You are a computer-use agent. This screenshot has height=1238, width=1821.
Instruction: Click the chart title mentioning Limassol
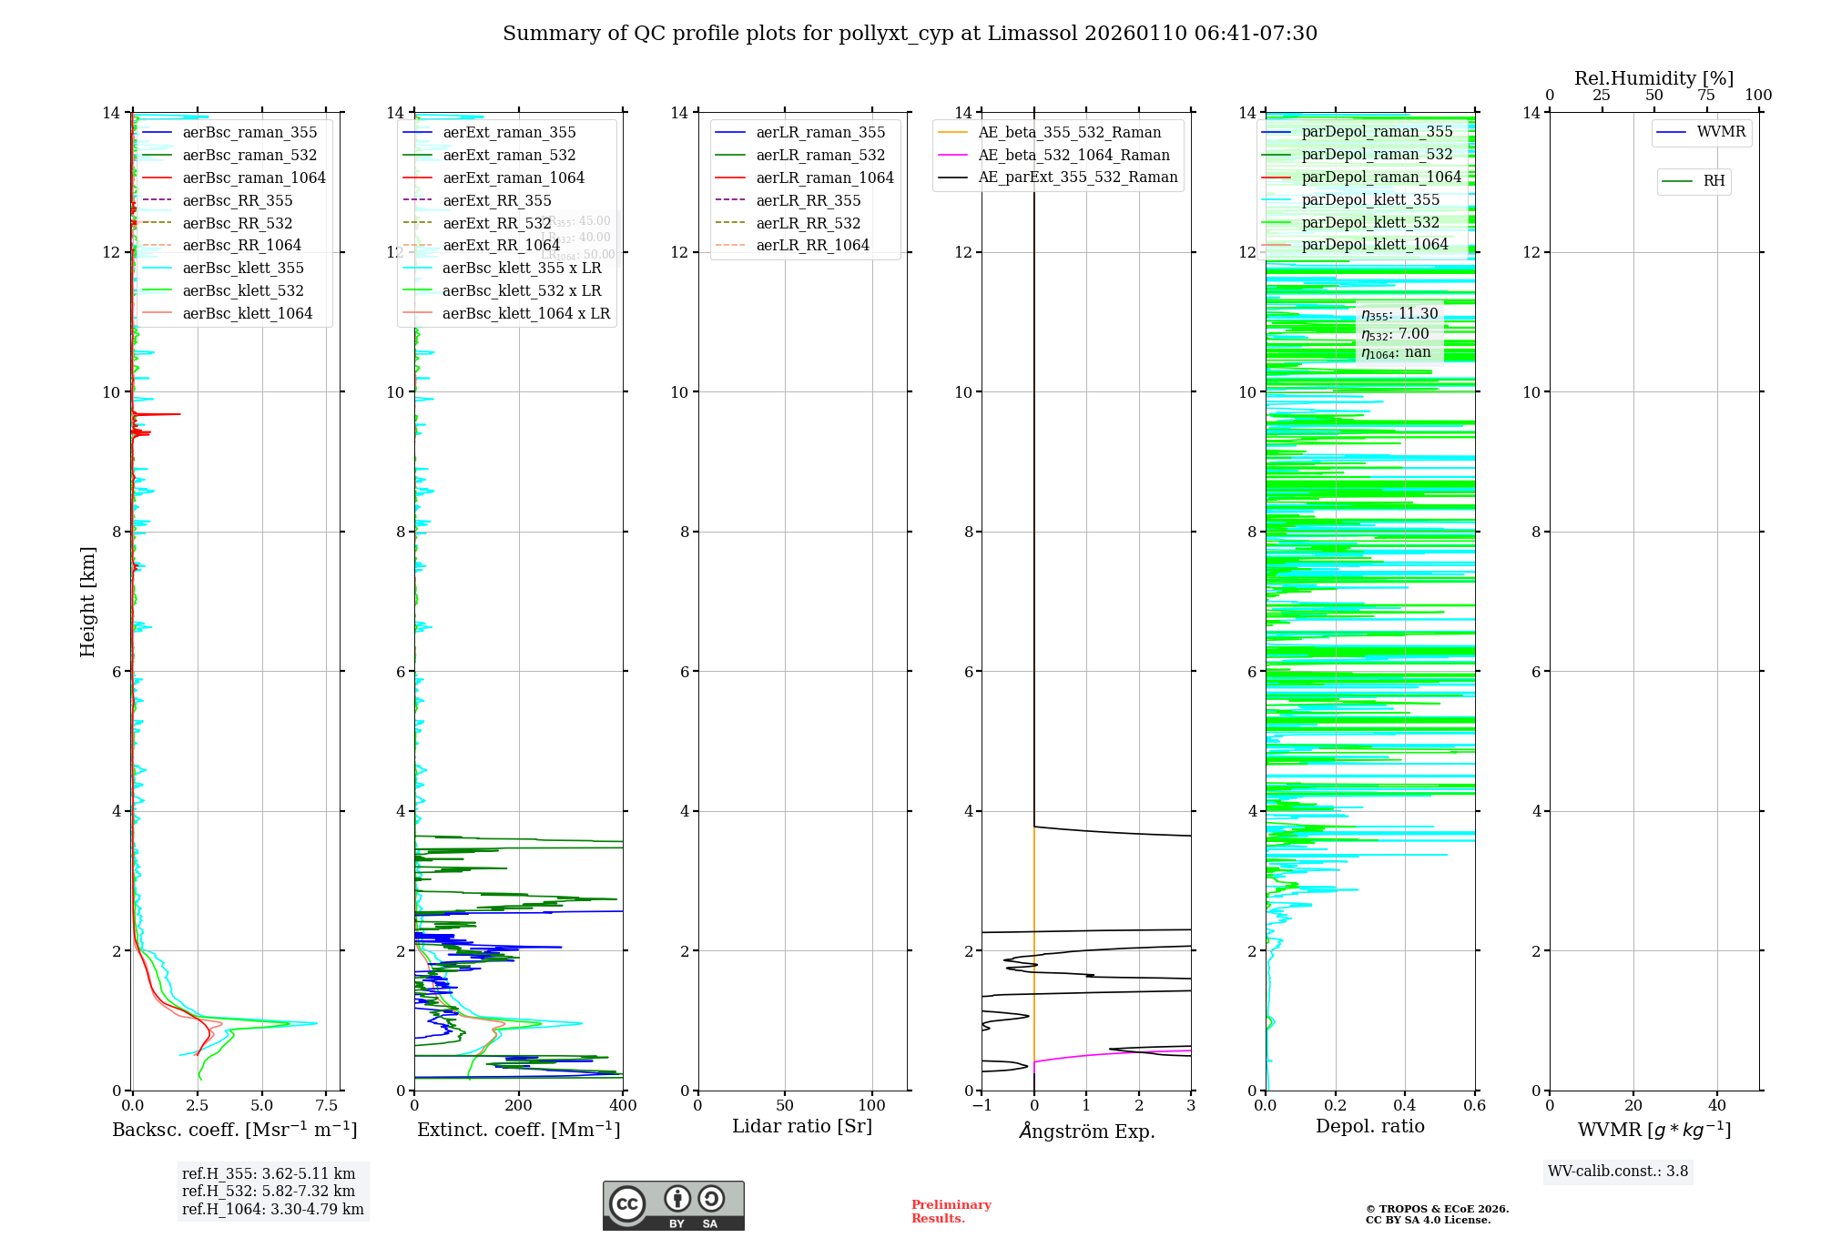910,34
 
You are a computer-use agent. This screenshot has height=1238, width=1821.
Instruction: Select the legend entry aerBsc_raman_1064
253,178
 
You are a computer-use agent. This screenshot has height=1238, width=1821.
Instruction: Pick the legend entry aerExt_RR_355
496,200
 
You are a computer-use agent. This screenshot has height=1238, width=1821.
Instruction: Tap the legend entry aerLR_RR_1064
812,245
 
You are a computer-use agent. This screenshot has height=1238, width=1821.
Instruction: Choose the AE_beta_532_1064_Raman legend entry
1073,155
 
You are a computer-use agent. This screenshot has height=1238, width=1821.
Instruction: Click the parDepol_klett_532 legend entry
1370,222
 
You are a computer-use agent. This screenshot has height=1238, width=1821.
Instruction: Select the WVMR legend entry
1720,132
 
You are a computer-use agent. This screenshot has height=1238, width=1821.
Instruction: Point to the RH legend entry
1713,181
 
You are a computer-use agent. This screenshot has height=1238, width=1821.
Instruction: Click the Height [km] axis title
87,601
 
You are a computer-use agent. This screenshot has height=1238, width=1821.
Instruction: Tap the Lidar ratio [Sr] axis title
801,1126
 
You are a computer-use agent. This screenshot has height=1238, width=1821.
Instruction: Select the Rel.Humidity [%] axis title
1653,78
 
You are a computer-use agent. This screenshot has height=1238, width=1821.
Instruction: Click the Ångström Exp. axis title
1086,1131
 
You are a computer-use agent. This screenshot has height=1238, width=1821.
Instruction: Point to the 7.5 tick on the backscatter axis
327,1105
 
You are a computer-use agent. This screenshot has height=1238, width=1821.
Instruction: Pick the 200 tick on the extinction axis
519,1105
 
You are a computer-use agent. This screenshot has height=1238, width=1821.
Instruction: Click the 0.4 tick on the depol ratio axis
1405,1105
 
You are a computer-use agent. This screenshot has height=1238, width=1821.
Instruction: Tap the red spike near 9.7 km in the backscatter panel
168,414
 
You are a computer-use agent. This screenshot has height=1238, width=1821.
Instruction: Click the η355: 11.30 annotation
1399,314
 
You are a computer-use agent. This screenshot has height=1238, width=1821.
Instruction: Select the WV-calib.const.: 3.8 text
1618,1171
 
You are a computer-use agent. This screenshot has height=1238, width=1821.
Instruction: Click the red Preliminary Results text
951,1211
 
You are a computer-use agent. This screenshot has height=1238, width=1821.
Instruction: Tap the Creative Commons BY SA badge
673,1205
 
